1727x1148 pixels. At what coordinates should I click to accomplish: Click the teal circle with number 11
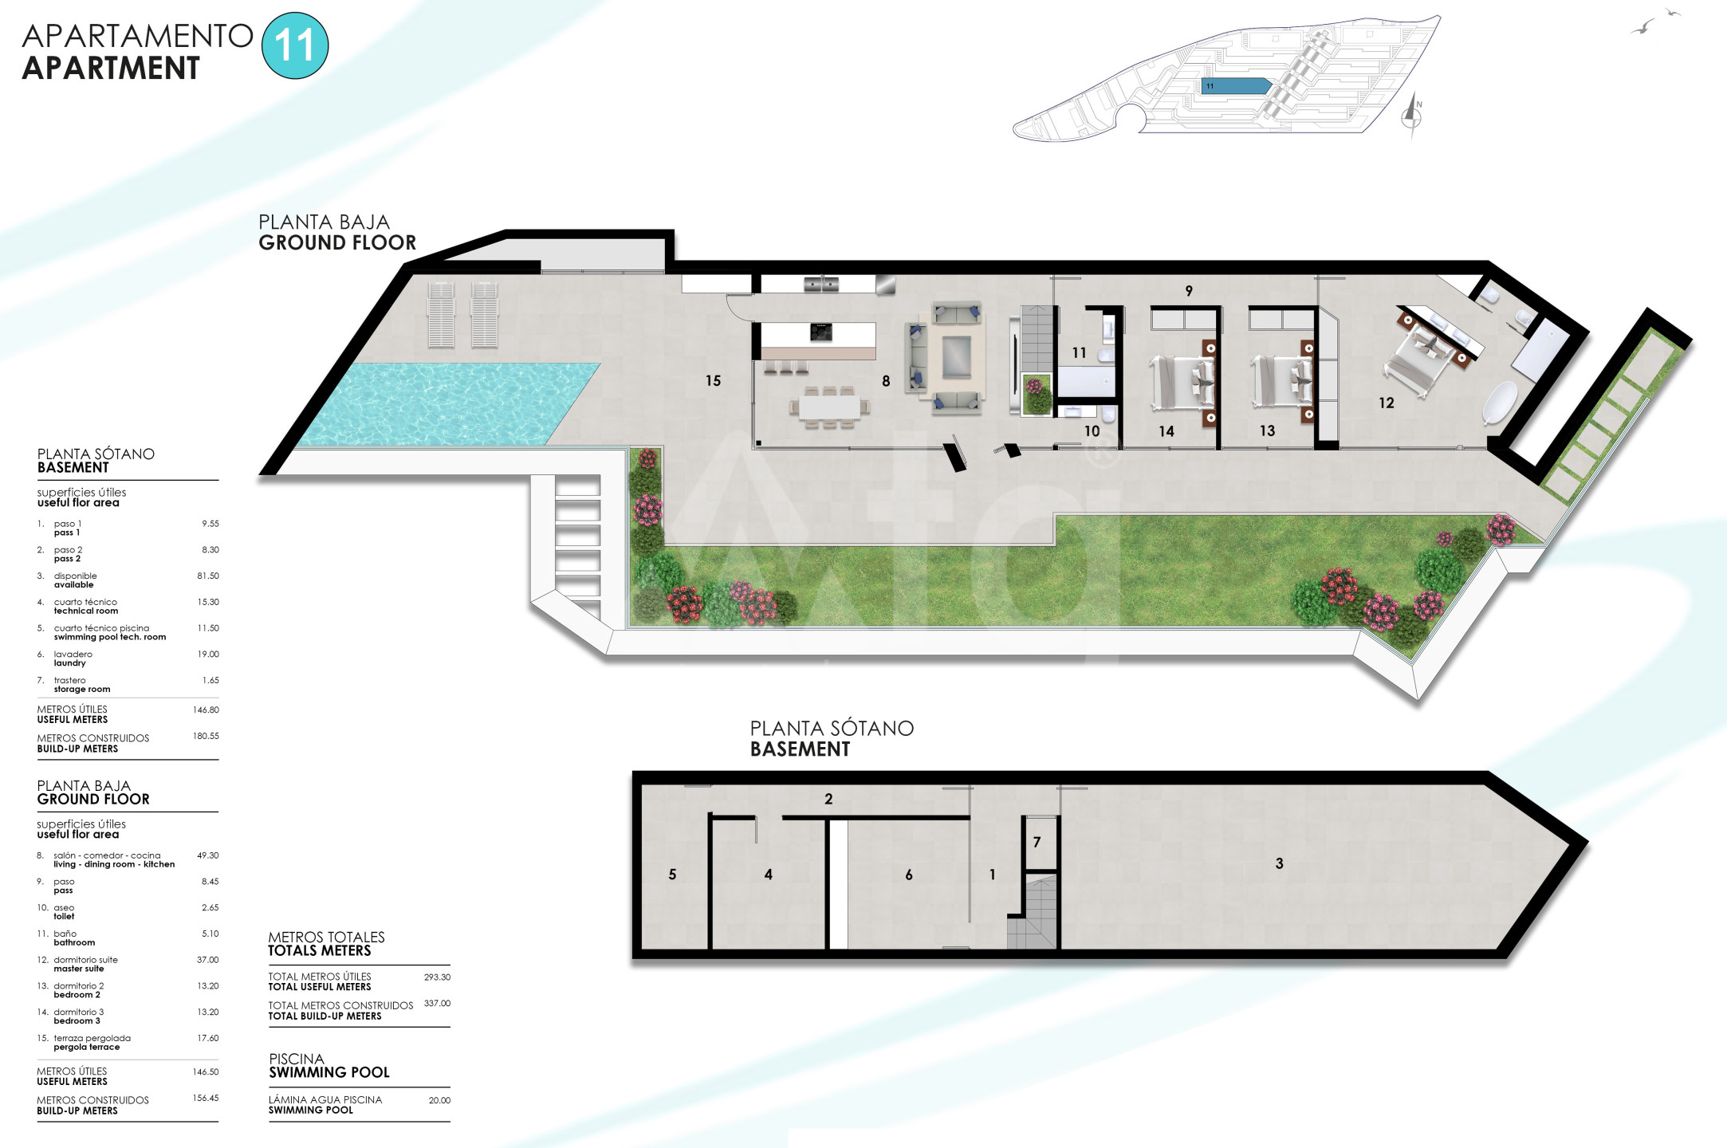click(295, 45)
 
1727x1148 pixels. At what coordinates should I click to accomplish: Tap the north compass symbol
click(1412, 116)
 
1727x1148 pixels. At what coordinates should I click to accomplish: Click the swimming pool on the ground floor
click(450, 404)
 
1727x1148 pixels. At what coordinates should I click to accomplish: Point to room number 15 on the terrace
click(713, 381)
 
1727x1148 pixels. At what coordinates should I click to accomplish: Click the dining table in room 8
click(829, 407)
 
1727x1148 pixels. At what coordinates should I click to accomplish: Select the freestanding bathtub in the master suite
click(1500, 402)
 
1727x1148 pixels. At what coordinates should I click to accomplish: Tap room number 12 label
click(1387, 403)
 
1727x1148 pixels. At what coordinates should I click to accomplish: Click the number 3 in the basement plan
click(1280, 863)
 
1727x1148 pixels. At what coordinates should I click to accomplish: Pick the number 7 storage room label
click(1037, 842)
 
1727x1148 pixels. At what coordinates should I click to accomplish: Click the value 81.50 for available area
click(208, 576)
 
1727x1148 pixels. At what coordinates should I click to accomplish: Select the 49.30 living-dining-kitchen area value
click(207, 855)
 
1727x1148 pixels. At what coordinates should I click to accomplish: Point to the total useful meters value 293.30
click(437, 977)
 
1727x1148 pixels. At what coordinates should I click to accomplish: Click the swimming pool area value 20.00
click(439, 1100)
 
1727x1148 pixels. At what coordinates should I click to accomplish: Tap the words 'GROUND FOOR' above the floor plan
click(337, 242)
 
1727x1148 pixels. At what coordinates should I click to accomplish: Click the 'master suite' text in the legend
click(79, 969)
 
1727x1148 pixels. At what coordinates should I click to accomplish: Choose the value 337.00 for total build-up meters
click(437, 1003)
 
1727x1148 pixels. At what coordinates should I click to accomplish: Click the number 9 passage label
click(1189, 291)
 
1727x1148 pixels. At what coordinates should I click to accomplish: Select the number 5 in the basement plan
click(672, 875)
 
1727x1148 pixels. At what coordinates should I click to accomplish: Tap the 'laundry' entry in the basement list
click(70, 663)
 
